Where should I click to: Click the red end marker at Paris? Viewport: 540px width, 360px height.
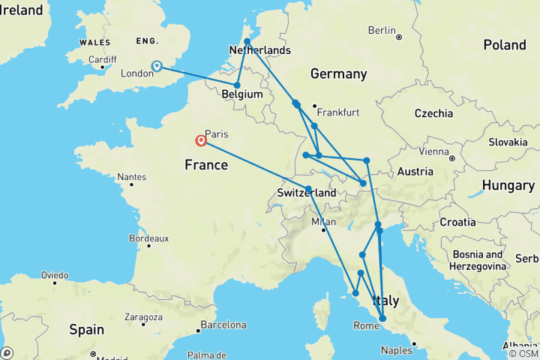pos(201,140)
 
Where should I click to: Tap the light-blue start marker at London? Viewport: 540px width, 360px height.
pos(157,66)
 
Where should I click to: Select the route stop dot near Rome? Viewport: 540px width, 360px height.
pos(382,319)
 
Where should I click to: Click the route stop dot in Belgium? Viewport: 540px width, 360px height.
pos(237,85)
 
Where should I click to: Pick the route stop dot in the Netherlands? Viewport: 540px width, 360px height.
pos(247,41)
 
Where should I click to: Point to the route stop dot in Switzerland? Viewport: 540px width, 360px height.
pos(309,189)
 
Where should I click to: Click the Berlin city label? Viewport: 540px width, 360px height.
pos(382,31)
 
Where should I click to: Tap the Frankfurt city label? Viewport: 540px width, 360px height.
pos(339,112)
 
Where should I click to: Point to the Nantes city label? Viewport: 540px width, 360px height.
pos(132,178)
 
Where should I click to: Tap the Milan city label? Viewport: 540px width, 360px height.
pos(324,222)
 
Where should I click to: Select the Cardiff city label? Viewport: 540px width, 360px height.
pos(103,60)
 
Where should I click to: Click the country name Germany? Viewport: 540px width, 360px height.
pos(338,73)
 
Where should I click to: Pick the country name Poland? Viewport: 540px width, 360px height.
pos(504,45)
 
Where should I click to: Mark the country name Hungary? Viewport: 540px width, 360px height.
pos(508,184)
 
